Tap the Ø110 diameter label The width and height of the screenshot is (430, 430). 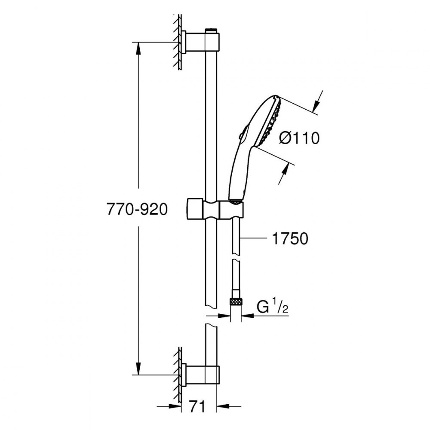pyautogui.click(x=299, y=138)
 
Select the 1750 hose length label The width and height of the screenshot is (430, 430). pyautogui.click(x=290, y=238)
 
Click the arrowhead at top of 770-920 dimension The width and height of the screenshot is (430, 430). pyautogui.click(x=138, y=49)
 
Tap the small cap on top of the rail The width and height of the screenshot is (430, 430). pyautogui.click(x=211, y=31)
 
